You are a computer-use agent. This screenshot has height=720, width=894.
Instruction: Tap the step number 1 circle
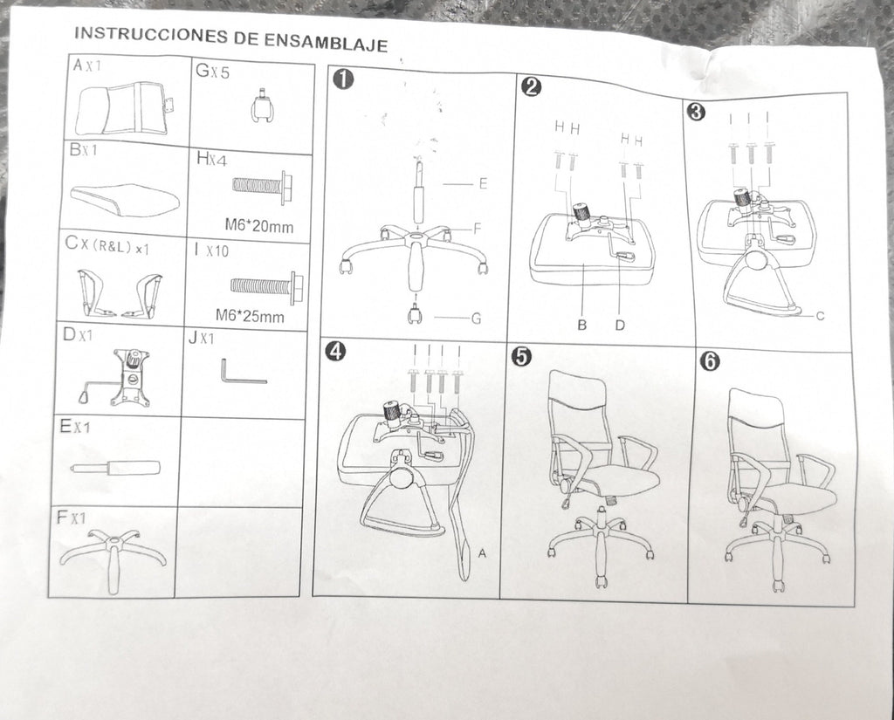pyautogui.click(x=344, y=79)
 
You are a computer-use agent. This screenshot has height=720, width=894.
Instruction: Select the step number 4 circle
pyautogui.click(x=335, y=352)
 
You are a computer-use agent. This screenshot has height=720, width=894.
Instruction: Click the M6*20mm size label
pyautogui.click(x=258, y=226)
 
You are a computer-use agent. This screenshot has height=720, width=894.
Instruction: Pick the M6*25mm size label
pyautogui.click(x=250, y=315)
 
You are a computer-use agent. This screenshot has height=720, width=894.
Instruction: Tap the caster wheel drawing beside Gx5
pyautogui.click(x=263, y=106)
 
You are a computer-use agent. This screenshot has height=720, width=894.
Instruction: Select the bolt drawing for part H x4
pyautogui.click(x=263, y=185)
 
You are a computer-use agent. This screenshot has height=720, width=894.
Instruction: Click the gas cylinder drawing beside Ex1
pyautogui.click(x=115, y=468)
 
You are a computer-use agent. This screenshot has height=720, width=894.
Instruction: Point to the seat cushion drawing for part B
pyautogui.click(x=125, y=199)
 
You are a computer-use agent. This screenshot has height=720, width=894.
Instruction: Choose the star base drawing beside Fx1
pyautogui.click(x=113, y=559)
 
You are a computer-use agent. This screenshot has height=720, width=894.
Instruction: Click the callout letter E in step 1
pyautogui.click(x=483, y=183)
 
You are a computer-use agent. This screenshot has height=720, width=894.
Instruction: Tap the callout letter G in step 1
pyautogui.click(x=477, y=318)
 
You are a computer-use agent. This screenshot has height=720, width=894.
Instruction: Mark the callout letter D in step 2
pyautogui.click(x=620, y=326)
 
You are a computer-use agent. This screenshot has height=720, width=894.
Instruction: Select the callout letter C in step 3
pyautogui.click(x=820, y=316)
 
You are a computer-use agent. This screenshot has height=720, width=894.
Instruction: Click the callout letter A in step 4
pyautogui.click(x=482, y=553)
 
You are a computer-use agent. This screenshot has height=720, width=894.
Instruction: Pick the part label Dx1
pyautogui.click(x=78, y=334)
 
